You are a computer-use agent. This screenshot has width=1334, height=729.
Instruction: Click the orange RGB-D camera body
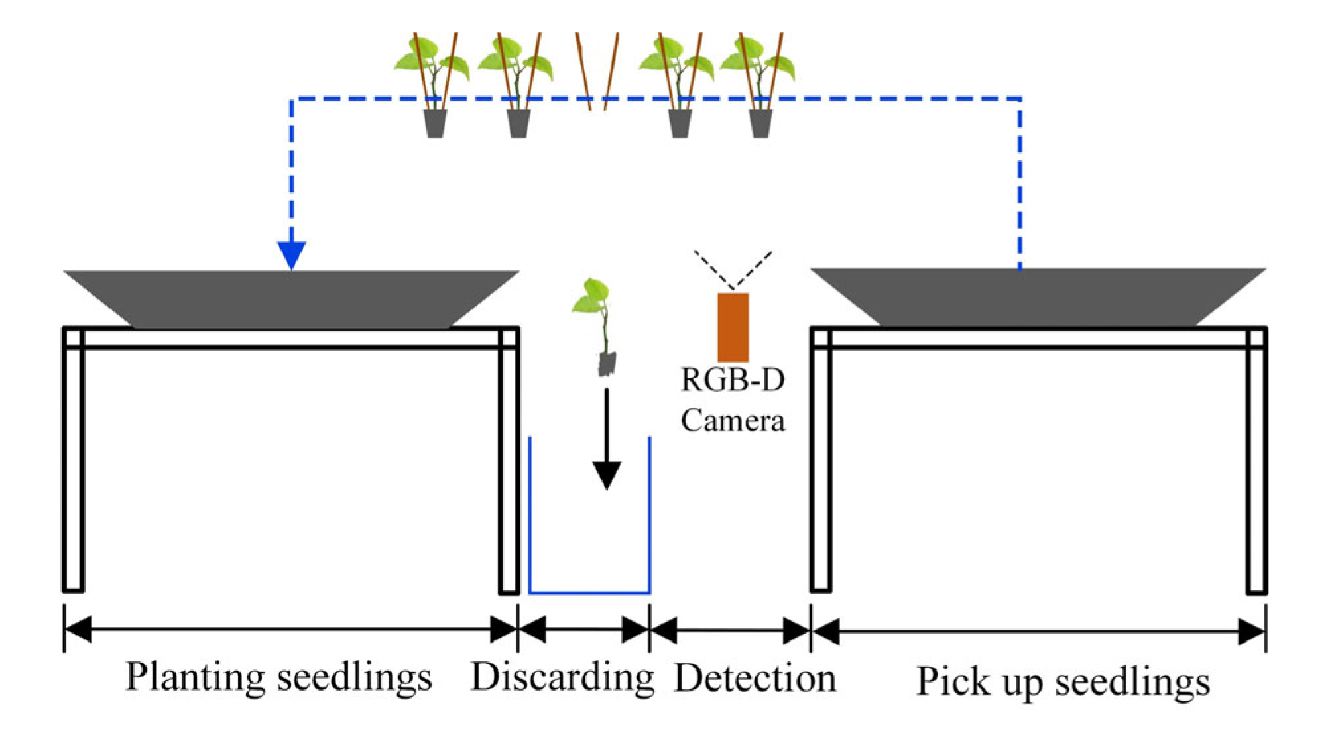733,327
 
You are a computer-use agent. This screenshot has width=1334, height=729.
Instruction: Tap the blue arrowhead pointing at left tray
291,254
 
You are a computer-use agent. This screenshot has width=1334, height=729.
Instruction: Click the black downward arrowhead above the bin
606,474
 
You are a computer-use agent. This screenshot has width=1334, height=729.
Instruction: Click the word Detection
755,679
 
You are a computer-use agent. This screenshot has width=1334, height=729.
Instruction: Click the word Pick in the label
953,681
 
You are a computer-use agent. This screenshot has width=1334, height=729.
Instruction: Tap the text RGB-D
733,380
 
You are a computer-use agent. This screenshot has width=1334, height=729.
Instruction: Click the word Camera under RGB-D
733,421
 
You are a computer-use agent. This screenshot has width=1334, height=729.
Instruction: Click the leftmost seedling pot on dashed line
435,124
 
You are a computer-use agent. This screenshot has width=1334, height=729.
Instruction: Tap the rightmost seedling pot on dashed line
760,124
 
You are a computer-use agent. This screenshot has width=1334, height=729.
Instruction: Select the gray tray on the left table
291,298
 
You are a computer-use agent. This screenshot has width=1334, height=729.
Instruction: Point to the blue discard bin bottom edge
589,592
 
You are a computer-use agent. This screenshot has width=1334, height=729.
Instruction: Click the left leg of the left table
73,464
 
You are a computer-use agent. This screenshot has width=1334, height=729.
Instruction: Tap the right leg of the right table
1256,464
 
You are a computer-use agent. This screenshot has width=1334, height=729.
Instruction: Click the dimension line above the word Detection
730,630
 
